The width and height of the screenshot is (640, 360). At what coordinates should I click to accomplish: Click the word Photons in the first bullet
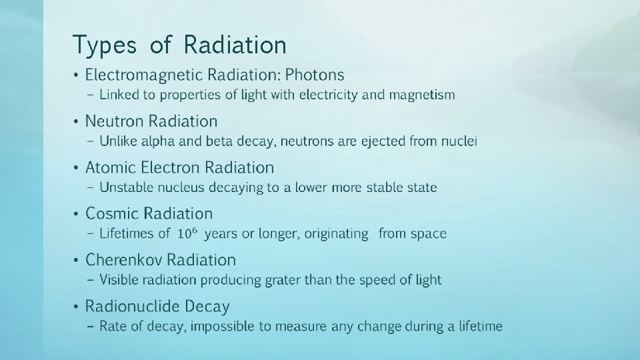tap(314, 75)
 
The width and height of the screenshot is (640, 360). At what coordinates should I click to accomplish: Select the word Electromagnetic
tap(146, 75)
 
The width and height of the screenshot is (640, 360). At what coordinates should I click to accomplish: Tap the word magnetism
tap(422, 95)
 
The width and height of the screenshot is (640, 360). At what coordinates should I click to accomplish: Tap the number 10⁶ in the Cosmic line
tap(187, 233)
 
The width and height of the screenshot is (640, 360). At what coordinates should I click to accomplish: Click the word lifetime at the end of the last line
tap(477, 327)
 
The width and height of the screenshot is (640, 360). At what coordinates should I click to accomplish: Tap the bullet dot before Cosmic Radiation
tap(77, 214)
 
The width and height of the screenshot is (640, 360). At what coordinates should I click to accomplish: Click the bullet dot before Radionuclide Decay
tap(77, 307)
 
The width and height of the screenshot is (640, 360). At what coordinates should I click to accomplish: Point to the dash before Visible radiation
tap(91, 280)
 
